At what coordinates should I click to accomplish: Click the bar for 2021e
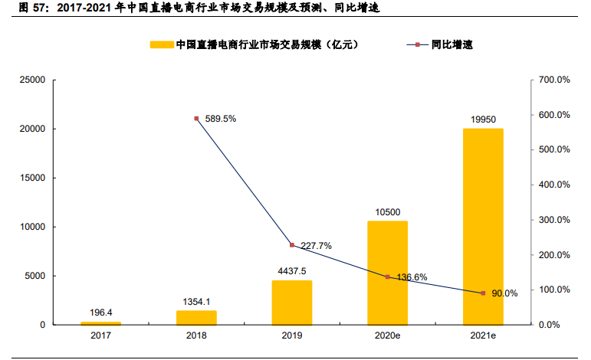tap(483, 227)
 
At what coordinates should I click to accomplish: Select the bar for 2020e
tap(387, 273)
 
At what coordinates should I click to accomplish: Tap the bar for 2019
tap(292, 303)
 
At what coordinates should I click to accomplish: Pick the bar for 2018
tap(196, 317)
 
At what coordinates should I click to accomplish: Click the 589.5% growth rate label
tap(221, 119)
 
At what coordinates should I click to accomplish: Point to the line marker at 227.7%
tap(292, 245)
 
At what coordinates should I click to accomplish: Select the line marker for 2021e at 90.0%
tap(483, 293)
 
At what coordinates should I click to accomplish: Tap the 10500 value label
tap(387, 211)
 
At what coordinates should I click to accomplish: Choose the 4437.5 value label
tap(292, 270)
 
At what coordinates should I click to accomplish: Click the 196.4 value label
tap(101, 312)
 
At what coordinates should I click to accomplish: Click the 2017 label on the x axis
tap(101, 335)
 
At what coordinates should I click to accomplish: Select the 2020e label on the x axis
tap(387, 335)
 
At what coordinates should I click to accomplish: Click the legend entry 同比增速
tap(452, 44)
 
